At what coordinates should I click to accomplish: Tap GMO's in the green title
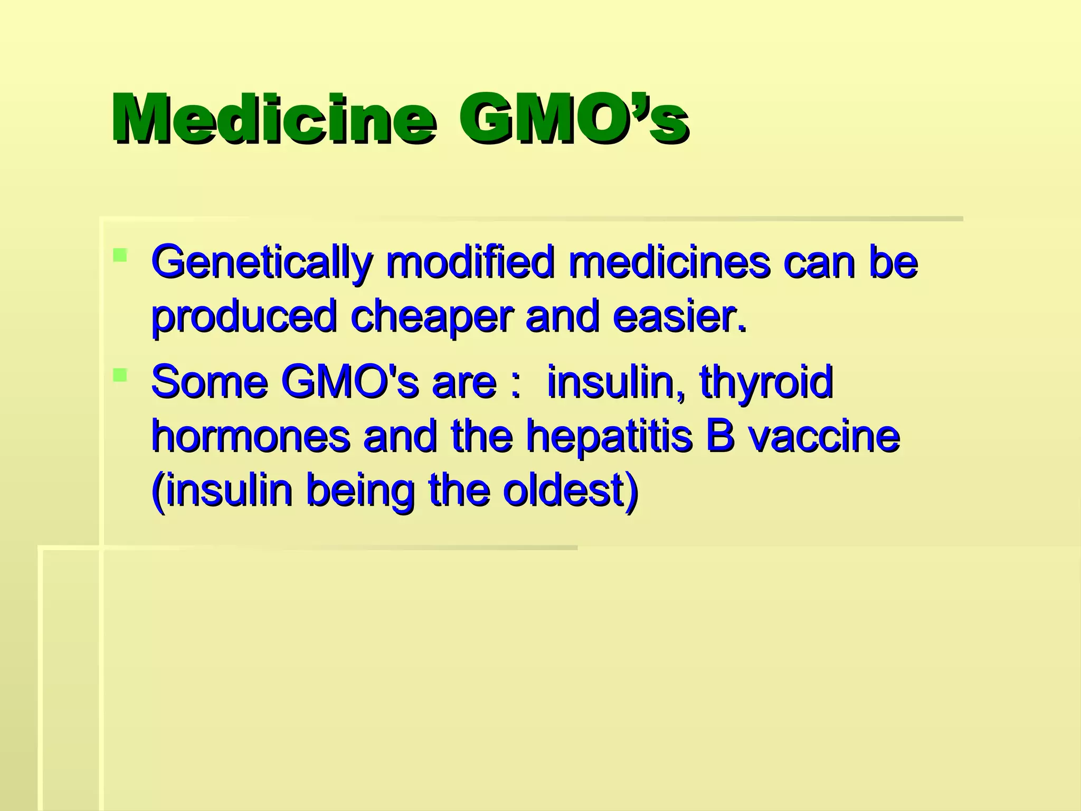click(x=573, y=119)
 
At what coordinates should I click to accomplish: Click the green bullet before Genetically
click(x=120, y=256)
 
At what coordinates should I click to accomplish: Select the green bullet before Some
click(x=120, y=375)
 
